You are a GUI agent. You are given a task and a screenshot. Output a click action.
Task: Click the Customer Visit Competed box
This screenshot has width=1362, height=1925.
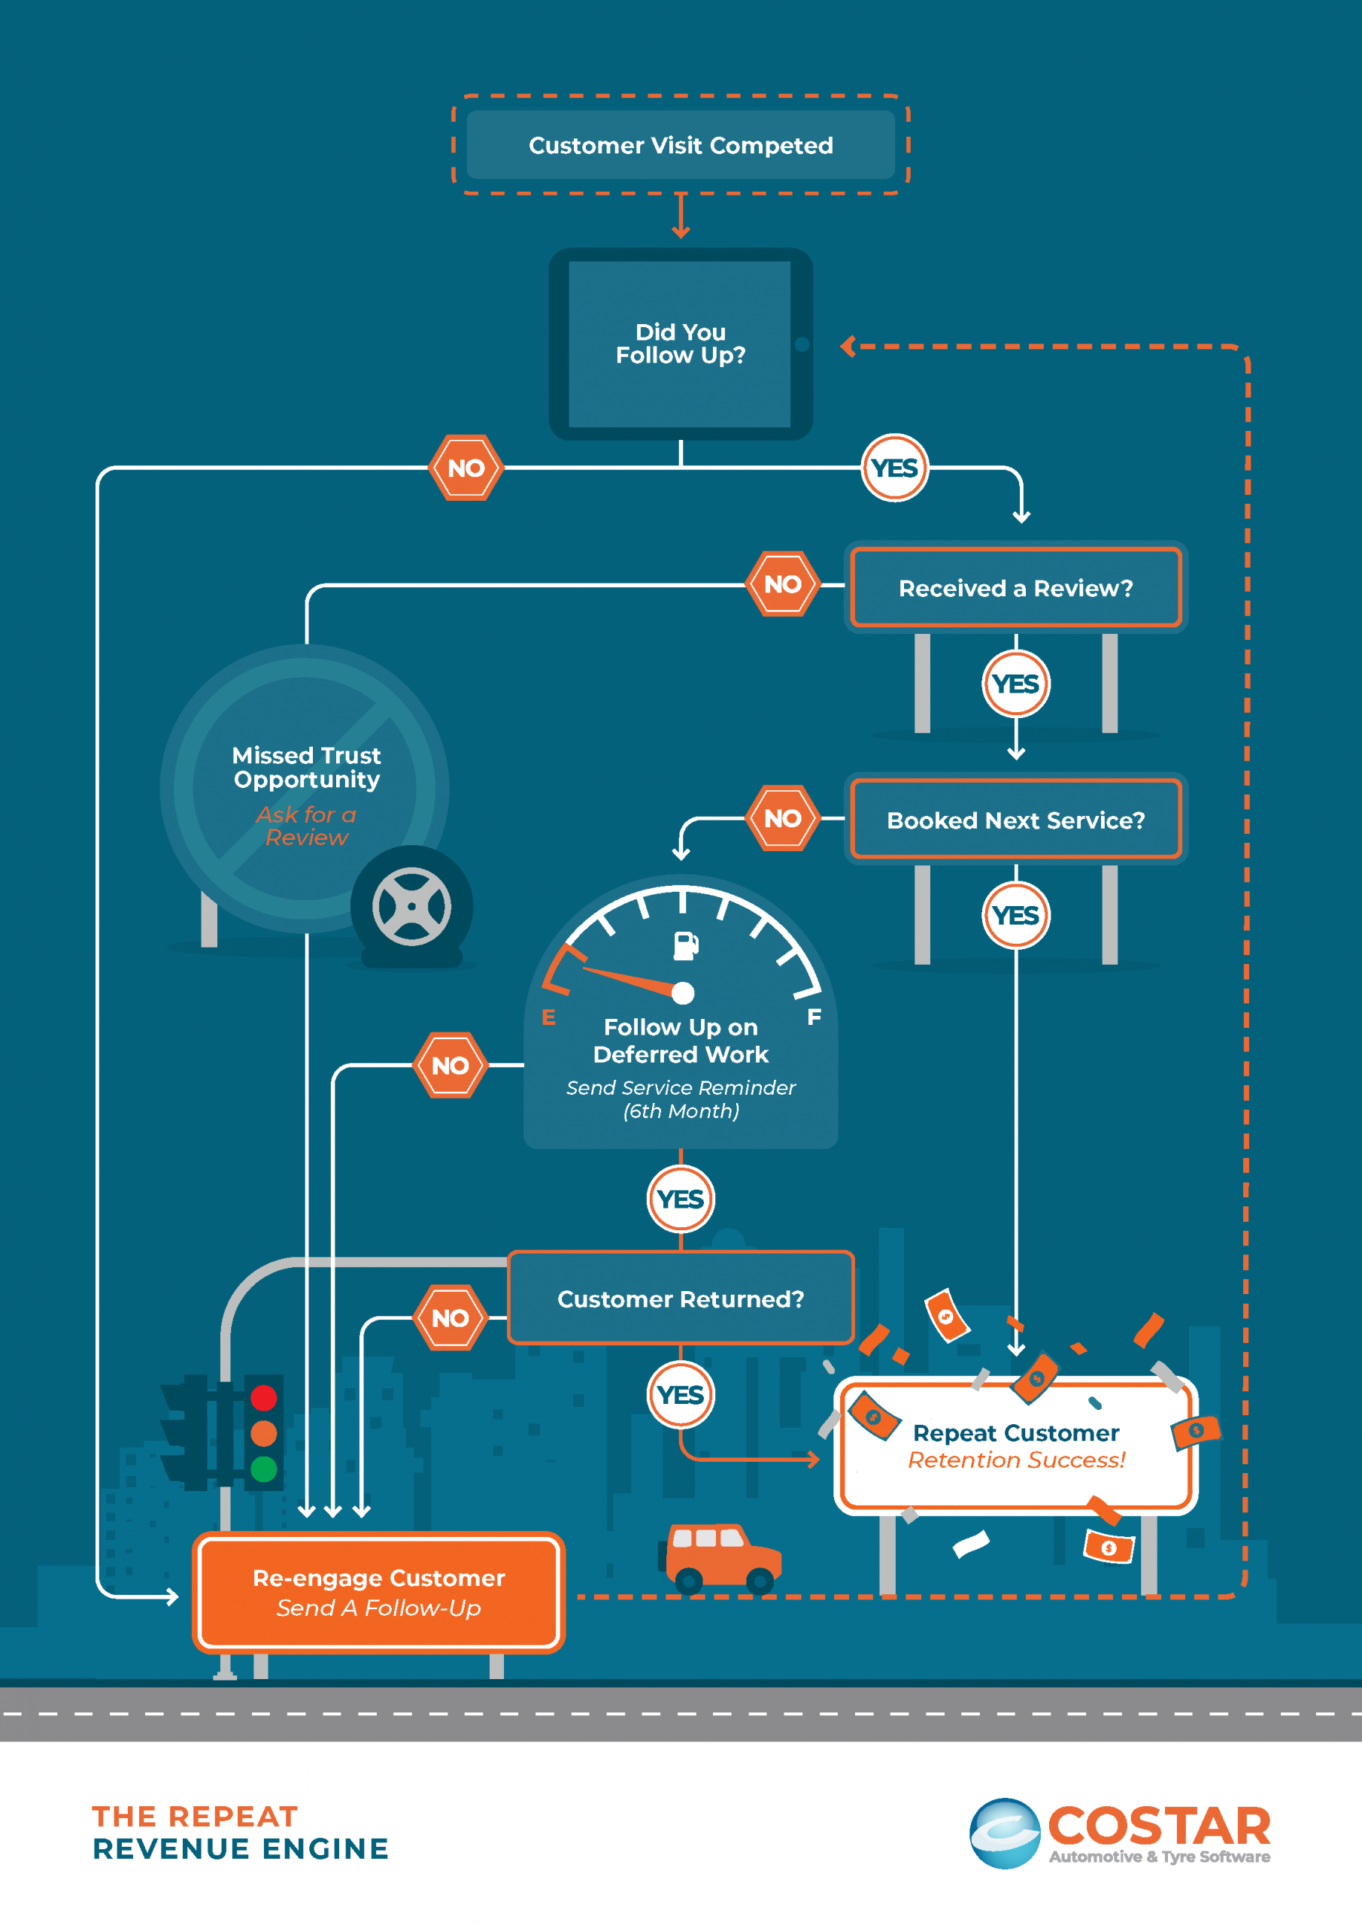[x=680, y=145]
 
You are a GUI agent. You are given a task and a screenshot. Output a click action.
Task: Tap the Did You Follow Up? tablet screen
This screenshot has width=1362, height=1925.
[x=680, y=344]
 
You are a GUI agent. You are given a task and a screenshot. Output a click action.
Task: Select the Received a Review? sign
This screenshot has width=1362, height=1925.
[x=1015, y=588]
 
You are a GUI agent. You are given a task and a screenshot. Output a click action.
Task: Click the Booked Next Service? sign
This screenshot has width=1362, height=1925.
[x=1015, y=820]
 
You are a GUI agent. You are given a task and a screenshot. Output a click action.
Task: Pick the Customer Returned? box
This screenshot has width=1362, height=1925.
[x=680, y=1298]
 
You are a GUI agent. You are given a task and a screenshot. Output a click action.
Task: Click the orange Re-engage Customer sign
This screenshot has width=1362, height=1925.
[x=378, y=1592]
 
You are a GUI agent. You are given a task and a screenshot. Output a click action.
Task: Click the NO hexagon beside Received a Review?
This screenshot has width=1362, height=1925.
[x=782, y=584]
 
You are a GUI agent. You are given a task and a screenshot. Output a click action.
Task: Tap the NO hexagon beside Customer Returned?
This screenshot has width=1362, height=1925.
[x=450, y=1318]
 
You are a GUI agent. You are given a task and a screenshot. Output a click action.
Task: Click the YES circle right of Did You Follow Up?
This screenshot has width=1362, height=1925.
[x=895, y=468]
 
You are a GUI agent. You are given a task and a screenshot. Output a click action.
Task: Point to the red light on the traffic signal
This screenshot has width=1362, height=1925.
[x=263, y=1398]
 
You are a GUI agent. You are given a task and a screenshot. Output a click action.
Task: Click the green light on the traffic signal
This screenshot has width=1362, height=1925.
[x=263, y=1469]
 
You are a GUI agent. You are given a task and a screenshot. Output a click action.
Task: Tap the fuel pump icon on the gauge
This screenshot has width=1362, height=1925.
[x=685, y=945]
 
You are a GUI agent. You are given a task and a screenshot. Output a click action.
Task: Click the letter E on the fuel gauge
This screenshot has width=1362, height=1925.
[x=548, y=1017]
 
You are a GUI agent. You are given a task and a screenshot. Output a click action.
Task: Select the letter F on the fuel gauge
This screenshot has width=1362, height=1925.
[x=814, y=1017]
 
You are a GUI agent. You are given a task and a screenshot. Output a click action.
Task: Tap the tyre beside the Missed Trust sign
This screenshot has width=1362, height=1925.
[x=411, y=907]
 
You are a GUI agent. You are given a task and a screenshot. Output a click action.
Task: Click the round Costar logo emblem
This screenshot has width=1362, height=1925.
[x=1005, y=1833]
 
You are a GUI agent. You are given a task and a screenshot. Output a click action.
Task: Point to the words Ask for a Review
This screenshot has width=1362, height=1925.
[x=306, y=826]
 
